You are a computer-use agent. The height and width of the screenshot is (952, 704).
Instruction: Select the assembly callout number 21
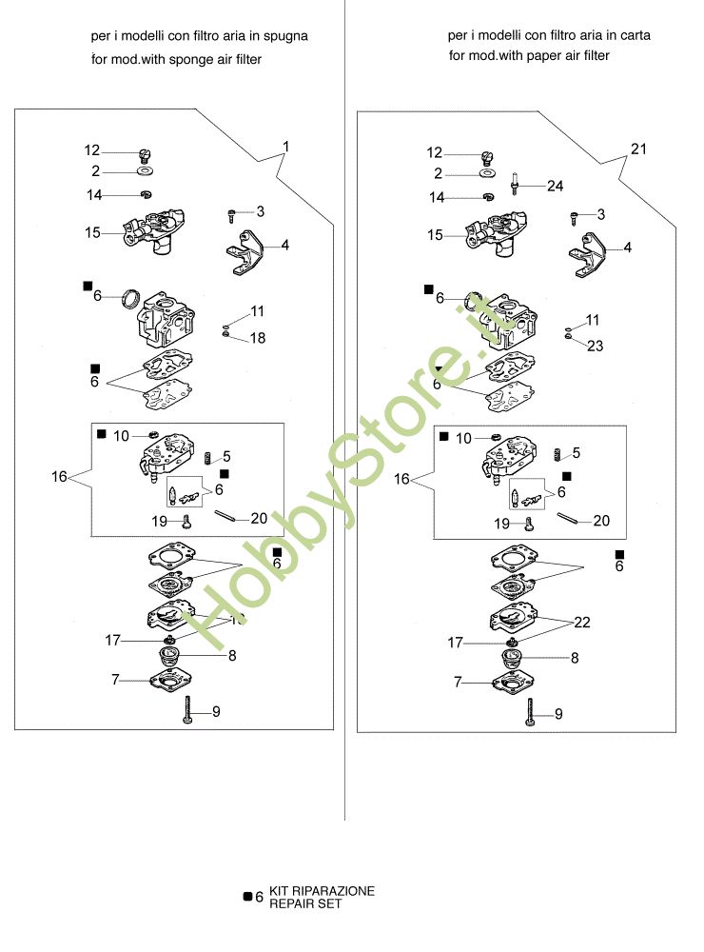click(637, 149)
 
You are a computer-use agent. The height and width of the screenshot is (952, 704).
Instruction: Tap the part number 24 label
click(556, 186)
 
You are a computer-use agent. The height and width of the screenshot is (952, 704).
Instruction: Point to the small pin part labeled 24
click(515, 183)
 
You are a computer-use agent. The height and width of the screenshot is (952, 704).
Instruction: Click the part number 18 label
click(258, 338)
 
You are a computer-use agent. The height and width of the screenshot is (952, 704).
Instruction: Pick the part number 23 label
click(595, 346)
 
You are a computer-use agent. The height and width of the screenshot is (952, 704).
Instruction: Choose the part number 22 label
click(582, 622)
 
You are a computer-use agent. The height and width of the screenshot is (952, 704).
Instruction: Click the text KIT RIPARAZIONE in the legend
click(322, 891)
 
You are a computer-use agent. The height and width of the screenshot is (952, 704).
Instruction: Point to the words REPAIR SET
click(304, 904)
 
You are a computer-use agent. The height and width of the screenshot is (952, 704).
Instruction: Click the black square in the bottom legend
click(247, 896)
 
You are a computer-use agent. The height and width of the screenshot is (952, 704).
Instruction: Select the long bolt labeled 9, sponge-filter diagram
click(189, 709)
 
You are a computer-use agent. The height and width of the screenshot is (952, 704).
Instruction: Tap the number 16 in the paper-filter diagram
click(401, 479)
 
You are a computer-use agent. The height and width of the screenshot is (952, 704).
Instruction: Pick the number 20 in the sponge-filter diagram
click(259, 518)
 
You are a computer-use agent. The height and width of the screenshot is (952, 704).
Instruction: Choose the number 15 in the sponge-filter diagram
click(92, 231)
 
